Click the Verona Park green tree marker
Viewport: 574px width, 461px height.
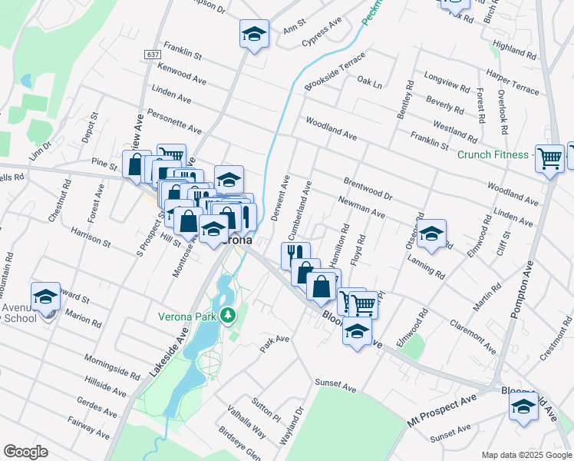pyautogui.click(x=227, y=317)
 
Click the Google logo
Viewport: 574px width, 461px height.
pyautogui.click(x=25, y=452)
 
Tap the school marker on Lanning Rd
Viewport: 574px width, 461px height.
pyautogui.click(x=431, y=234)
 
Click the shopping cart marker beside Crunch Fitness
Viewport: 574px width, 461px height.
pyautogui.click(x=549, y=160)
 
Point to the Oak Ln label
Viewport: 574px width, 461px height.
pyautogui.click(x=369, y=81)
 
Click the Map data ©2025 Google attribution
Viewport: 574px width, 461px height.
pyautogui.click(x=527, y=455)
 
